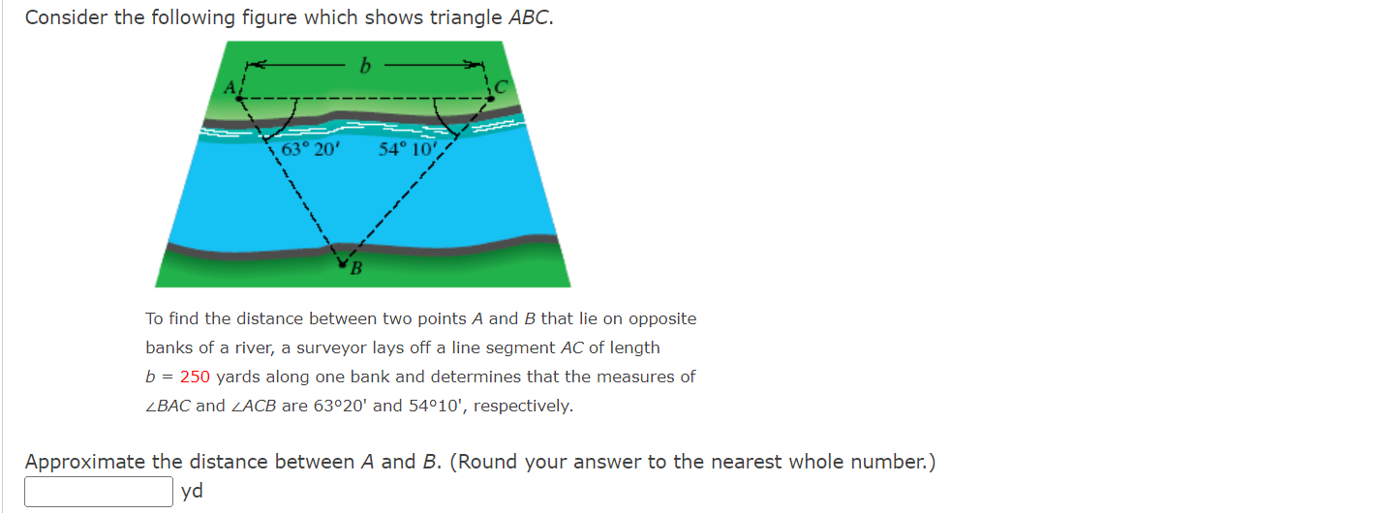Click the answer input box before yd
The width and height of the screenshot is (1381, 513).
click(99, 492)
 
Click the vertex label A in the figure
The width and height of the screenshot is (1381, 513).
click(230, 88)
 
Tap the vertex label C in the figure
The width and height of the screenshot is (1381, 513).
click(500, 87)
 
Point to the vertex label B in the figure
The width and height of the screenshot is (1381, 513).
click(355, 269)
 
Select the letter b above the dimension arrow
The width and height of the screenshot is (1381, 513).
click(365, 66)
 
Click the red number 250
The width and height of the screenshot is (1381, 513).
click(195, 377)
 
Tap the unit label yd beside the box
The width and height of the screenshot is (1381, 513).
click(192, 492)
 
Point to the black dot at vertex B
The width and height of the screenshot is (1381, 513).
click(341, 259)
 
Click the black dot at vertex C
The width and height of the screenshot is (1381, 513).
click(491, 97)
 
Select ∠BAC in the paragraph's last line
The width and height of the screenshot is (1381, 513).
click(168, 406)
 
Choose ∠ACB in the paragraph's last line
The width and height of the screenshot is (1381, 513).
click(253, 406)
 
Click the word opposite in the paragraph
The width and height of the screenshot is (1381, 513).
click(663, 318)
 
